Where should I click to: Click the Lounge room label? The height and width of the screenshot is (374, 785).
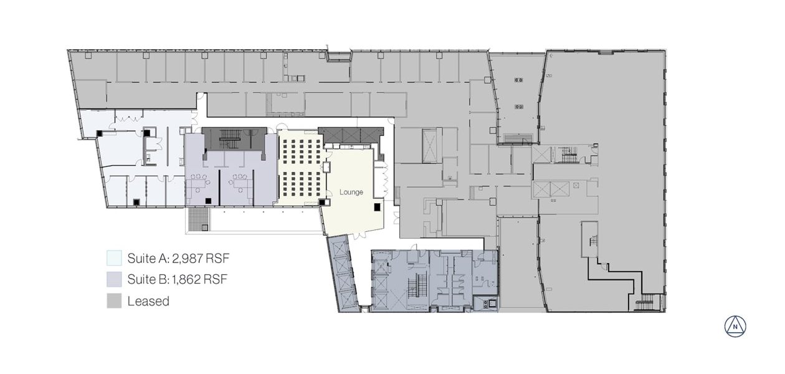[x=351, y=192]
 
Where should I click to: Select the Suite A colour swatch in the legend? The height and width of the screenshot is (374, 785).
[x=114, y=257]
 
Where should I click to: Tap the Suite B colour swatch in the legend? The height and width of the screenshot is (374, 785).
[x=114, y=279]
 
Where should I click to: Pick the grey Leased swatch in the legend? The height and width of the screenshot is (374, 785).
[x=114, y=300]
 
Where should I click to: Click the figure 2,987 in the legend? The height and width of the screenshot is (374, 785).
[x=188, y=258]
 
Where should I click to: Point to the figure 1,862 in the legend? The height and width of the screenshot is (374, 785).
[x=186, y=279]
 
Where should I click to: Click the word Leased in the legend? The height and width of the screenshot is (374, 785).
[x=148, y=301]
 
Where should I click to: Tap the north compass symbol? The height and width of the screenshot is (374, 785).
[x=735, y=327]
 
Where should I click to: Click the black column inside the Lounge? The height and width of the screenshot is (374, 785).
[x=377, y=207]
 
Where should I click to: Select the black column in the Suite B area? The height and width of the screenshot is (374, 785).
[x=208, y=201]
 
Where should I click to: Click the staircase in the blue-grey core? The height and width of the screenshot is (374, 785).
[x=417, y=285]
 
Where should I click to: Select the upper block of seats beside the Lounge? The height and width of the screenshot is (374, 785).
[x=301, y=153]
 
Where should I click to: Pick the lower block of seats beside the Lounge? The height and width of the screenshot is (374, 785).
[x=301, y=185]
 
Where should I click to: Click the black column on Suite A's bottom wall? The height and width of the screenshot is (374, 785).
[x=136, y=202]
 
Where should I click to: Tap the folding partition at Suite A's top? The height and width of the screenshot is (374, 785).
[x=128, y=118]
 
